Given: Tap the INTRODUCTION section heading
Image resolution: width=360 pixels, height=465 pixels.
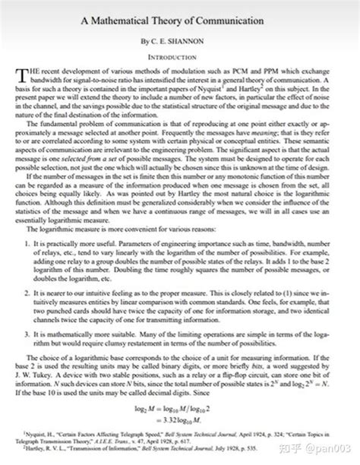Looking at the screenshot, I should coord(179,54).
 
